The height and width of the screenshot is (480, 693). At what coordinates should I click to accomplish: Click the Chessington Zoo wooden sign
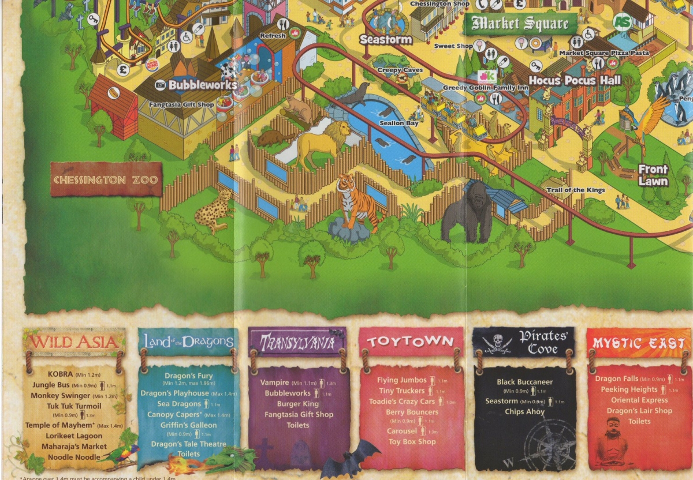point(106,179)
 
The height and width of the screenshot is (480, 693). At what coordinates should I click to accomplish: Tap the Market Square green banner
point(520,24)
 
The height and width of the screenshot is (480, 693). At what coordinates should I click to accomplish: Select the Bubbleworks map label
point(203,85)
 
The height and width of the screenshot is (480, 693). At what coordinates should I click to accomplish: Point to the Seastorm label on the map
point(386,40)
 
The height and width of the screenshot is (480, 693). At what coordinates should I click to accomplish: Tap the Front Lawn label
point(653,175)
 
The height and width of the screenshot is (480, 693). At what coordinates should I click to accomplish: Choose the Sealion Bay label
point(399,123)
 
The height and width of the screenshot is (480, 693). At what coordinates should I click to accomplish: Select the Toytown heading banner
point(411,341)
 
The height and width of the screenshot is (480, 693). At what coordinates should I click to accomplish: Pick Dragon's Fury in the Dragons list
point(189,376)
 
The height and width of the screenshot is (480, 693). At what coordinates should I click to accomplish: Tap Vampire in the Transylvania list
point(275,382)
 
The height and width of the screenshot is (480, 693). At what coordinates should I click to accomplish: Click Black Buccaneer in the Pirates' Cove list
point(524,382)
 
